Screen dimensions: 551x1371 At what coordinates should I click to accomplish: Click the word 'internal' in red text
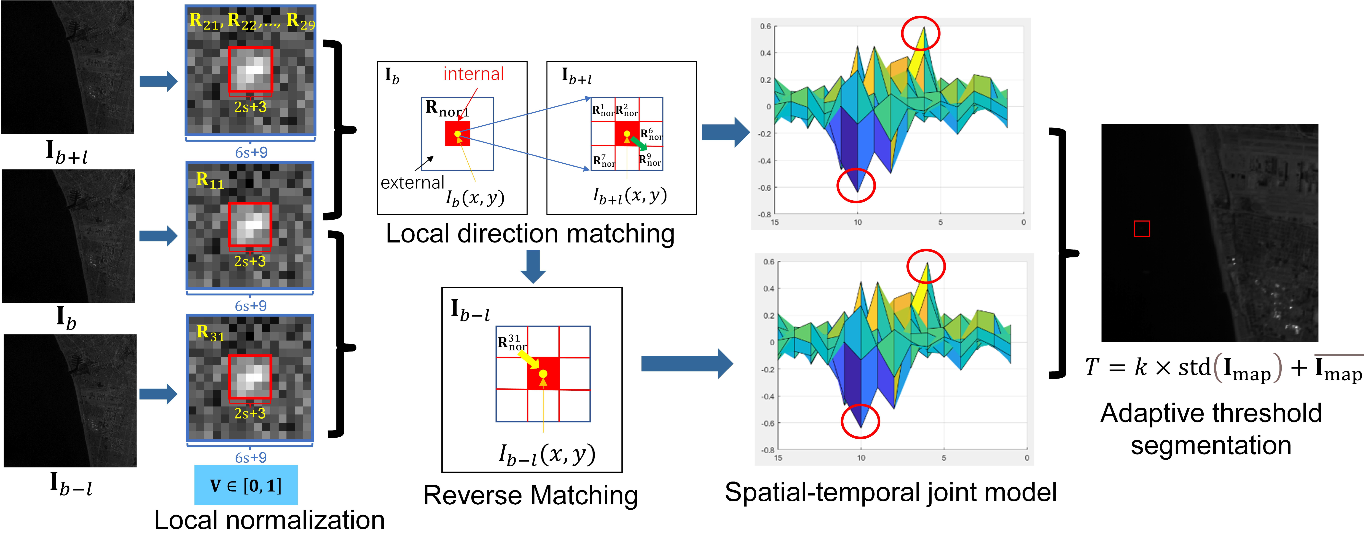click(473, 74)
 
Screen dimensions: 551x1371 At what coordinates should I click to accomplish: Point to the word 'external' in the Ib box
click(412, 183)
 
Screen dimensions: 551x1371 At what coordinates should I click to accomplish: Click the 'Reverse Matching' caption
click(530, 495)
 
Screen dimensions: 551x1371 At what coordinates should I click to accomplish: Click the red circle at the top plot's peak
click(920, 33)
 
